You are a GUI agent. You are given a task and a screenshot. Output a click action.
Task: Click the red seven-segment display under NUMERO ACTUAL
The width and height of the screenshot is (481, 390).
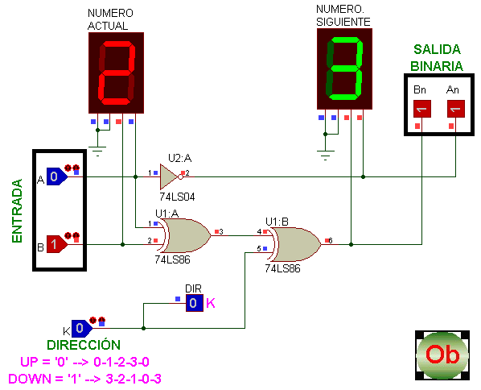pyautogui.click(x=116, y=73)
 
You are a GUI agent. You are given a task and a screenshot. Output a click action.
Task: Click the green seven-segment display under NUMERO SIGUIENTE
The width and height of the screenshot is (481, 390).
pyautogui.click(x=344, y=68)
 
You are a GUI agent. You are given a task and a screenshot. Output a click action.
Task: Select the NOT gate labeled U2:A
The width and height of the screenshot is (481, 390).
pyautogui.click(x=170, y=176)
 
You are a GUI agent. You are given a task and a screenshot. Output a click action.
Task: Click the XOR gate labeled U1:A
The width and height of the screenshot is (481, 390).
pyautogui.click(x=186, y=235)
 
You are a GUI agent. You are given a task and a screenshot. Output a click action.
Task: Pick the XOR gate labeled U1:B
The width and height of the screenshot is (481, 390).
pyautogui.click(x=296, y=244)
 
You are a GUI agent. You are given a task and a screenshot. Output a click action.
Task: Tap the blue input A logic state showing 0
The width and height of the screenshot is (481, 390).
pyautogui.click(x=57, y=176)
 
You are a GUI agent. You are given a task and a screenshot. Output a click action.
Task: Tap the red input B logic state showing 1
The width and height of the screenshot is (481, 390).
pyautogui.click(x=57, y=244)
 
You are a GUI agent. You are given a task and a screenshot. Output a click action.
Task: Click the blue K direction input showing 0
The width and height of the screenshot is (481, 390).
pyautogui.click(x=82, y=328)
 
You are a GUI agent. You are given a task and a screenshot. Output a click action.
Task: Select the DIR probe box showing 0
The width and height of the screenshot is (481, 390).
pyautogui.click(x=195, y=303)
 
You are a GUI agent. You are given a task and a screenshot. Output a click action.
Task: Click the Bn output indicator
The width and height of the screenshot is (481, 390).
pyautogui.click(x=422, y=109)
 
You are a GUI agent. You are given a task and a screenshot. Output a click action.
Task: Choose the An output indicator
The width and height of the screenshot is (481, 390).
pyautogui.click(x=456, y=109)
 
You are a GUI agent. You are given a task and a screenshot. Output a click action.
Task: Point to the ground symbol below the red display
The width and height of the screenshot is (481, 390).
pyautogui.click(x=97, y=151)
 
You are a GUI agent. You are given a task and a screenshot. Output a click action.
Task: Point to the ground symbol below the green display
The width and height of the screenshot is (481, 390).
pyautogui.click(x=326, y=156)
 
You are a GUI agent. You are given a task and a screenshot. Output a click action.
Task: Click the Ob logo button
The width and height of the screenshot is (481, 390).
pyautogui.click(x=442, y=355)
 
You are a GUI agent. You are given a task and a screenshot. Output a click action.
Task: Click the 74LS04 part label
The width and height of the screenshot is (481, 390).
pyautogui.click(x=177, y=197)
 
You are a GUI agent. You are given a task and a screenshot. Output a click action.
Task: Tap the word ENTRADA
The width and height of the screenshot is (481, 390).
pyautogui.click(x=17, y=211)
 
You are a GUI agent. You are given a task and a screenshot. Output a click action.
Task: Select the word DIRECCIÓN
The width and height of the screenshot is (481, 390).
pyautogui.click(x=84, y=345)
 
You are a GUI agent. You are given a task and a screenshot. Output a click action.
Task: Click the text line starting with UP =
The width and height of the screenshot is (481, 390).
pyautogui.click(x=84, y=362)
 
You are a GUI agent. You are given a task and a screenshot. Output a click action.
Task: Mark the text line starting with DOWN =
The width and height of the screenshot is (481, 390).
pyautogui.click(x=84, y=379)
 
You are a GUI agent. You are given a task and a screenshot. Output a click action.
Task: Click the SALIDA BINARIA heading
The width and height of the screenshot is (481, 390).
pyautogui.click(x=437, y=58)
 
